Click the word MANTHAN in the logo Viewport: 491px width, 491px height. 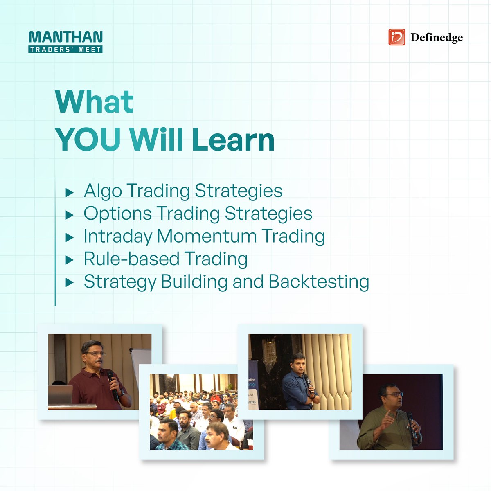(x=65, y=37)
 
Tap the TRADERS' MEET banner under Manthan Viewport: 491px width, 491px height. (x=65, y=49)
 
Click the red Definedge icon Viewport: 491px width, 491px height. (x=396, y=37)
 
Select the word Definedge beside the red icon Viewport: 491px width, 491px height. (x=436, y=38)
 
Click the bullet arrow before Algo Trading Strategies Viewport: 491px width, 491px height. (x=70, y=192)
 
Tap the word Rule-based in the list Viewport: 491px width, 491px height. (x=131, y=259)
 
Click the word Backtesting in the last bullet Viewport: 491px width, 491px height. (x=319, y=282)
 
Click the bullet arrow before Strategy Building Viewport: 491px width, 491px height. (x=70, y=282)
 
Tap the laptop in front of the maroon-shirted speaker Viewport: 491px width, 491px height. (x=60, y=395)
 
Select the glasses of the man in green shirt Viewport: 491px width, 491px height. (x=393, y=394)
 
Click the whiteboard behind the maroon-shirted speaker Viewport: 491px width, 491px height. (x=141, y=364)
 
